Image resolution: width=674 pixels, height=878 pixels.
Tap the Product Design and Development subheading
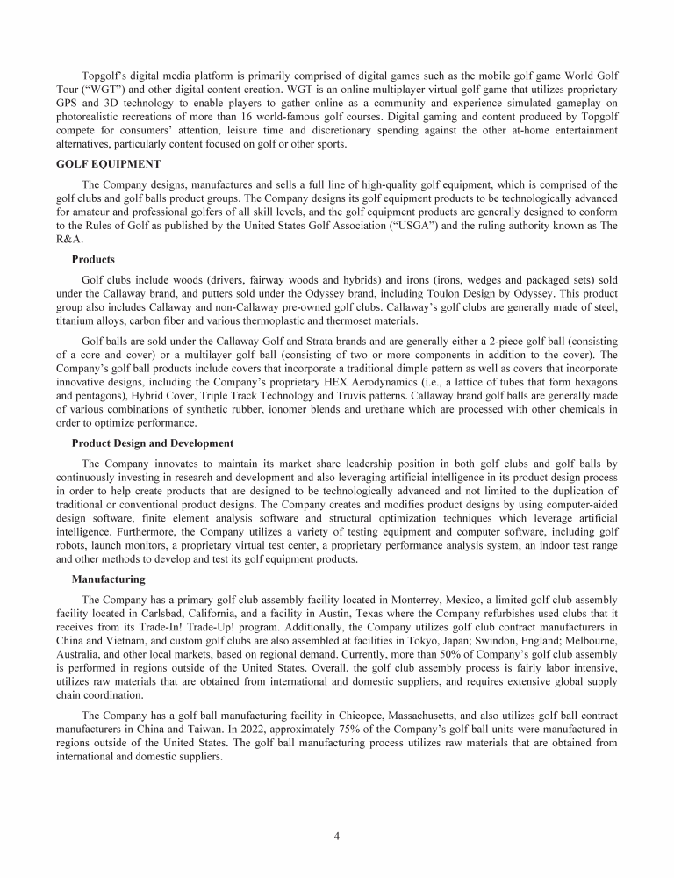153,443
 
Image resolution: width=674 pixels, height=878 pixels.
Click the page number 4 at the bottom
337,837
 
